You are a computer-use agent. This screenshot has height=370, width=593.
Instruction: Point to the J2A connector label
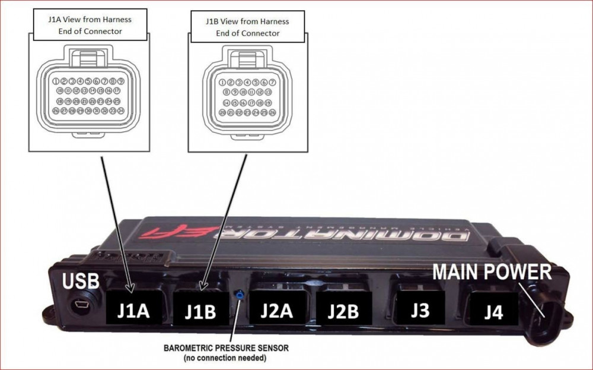(x=277, y=309)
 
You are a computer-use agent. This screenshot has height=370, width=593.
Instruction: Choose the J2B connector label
(x=345, y=309)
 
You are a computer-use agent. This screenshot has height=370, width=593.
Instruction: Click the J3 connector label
(x=420, y=309)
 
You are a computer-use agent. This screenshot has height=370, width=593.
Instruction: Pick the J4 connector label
(x=492, y=311)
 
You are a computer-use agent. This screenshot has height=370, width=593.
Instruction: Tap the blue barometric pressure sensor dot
(x=237, y=293)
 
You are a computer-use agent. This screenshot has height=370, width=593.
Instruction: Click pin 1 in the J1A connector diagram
(x=55, y=81)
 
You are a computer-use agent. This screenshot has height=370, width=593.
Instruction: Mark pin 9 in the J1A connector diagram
(x=120, y=81)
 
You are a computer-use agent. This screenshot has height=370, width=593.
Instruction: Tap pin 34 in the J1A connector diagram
(x=120, y=110)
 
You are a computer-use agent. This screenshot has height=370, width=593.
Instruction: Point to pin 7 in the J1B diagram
(x=272, y=83)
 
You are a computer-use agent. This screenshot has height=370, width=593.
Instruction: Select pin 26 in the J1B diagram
(x=272, y=112)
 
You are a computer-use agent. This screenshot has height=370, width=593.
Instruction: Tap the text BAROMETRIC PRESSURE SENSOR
(x=226, y=348)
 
